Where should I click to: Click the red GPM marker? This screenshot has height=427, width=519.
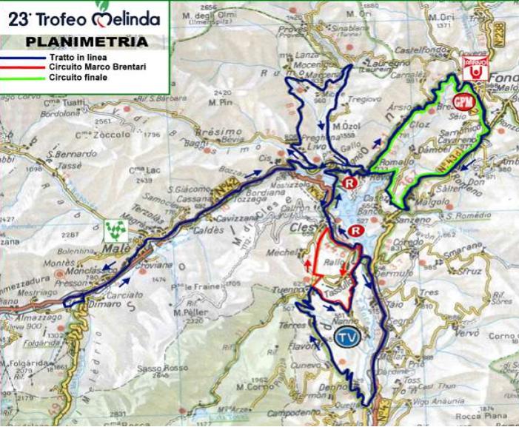462,101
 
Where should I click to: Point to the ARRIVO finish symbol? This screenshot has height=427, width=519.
475,68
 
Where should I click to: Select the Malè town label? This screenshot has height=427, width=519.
118,248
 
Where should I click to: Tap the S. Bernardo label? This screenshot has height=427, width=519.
72,153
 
